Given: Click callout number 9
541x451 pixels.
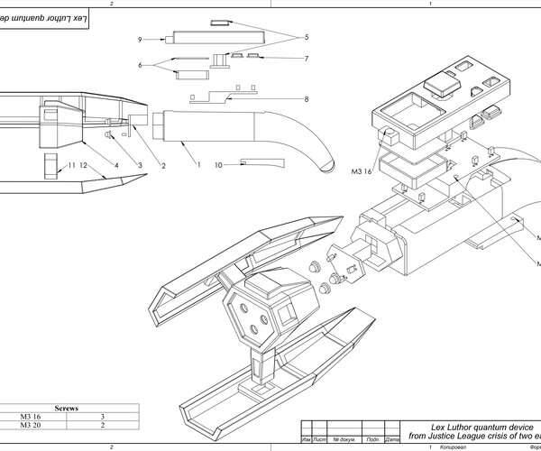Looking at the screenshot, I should pyautogui.click(x=141, y=40).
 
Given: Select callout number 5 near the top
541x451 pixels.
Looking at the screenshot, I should pyautogui.click(x=306, y=38).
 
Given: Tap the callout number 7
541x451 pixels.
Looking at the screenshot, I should pyautogui.click(x=307, y=59).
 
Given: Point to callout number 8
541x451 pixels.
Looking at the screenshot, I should pyautogui.click(x=307, y=99).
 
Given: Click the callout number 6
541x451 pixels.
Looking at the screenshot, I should pyautogui.click(x=141, y=65).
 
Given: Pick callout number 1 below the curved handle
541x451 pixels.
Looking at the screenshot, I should pyautogui.click(x=198, y=164).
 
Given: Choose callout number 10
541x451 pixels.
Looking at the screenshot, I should pyautogui.click(x=218, y=165).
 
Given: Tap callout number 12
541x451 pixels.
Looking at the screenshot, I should pyautogui.click(x=83, y=166).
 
